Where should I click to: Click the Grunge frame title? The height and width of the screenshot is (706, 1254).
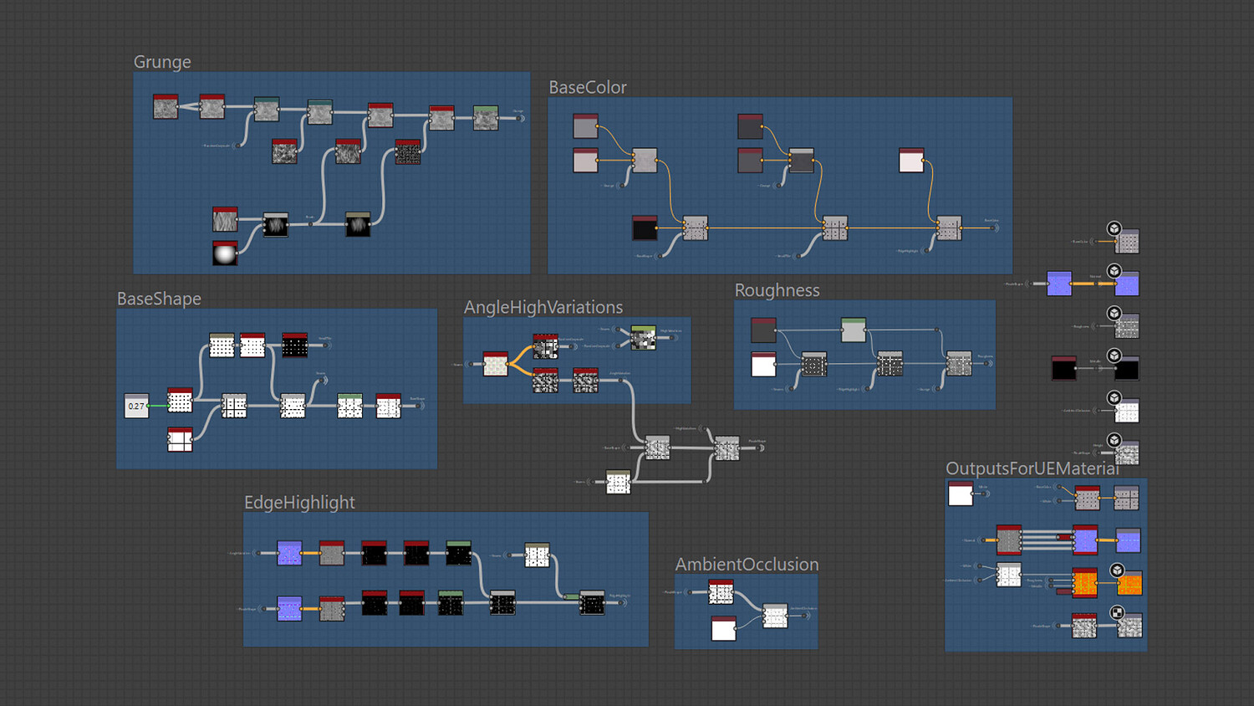[x=162, y=62]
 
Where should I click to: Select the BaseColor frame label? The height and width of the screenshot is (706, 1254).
[x=587, y=88]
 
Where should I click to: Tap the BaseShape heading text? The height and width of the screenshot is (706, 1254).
[x=159, y=299]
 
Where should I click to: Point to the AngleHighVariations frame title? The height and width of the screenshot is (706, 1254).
[x=543, y=307]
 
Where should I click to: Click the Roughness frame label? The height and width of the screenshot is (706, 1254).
[x=777, y=290]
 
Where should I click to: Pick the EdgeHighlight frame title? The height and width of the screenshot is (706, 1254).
[x=299, y=502]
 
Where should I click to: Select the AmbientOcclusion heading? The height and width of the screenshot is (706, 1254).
[x=747, y=565]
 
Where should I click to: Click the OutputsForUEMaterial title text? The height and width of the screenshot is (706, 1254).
[x=1032, y=468]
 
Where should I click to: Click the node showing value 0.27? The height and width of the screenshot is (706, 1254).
[x=136, y=406]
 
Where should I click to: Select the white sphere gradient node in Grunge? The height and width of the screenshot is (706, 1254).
[x=225, y=253]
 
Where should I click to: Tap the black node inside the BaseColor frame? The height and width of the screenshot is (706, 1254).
[x=645, y=228]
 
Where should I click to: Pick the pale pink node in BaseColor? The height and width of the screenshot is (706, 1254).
[x=911, y=160]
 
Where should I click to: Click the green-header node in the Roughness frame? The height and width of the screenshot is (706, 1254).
[x=854, y=330]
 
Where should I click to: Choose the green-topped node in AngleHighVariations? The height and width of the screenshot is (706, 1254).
[x=643, y=337]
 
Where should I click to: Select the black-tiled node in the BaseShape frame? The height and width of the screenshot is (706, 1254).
[x=294, y=345]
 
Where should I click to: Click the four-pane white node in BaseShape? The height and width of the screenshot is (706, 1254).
[x=180, y=439]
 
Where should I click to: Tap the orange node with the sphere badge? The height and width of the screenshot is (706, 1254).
[x=1129, y=583]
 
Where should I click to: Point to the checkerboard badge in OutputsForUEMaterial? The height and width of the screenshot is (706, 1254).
[x=1117, y=612]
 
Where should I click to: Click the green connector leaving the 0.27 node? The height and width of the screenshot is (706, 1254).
[x=158, y=406]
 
